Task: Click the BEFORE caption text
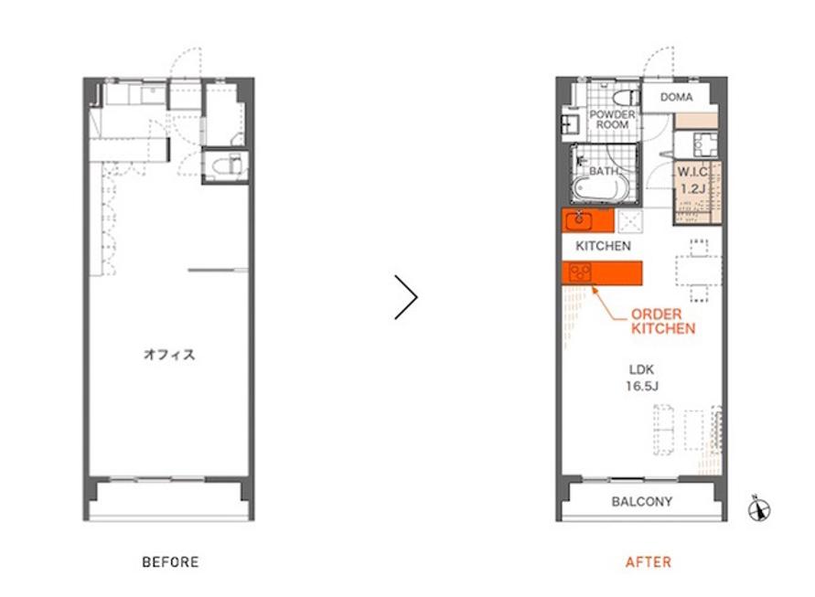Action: (x=170, y=561)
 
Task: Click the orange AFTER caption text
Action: (x=649, y=561)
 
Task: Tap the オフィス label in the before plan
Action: (x=169, y=355)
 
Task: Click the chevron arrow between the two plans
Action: (x=406, y=297)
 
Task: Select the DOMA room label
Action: (x=676, y=97)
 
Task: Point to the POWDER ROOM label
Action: (x=612, y=120)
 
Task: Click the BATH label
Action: (x=604, y=171)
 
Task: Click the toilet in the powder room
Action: (x=626, y=98)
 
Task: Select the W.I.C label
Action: (x=692, y=172)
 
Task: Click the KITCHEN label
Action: (x=603, y=246)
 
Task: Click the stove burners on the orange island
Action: (x=580, y=272)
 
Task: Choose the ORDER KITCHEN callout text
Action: (x=663, y=321)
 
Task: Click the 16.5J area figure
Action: (x=642, y=386)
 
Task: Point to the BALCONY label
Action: (x=642, y=501)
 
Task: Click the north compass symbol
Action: (x=759, y=508)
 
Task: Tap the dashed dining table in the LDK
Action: (x=699, y=271)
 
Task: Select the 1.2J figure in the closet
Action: (x=692, y=188)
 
